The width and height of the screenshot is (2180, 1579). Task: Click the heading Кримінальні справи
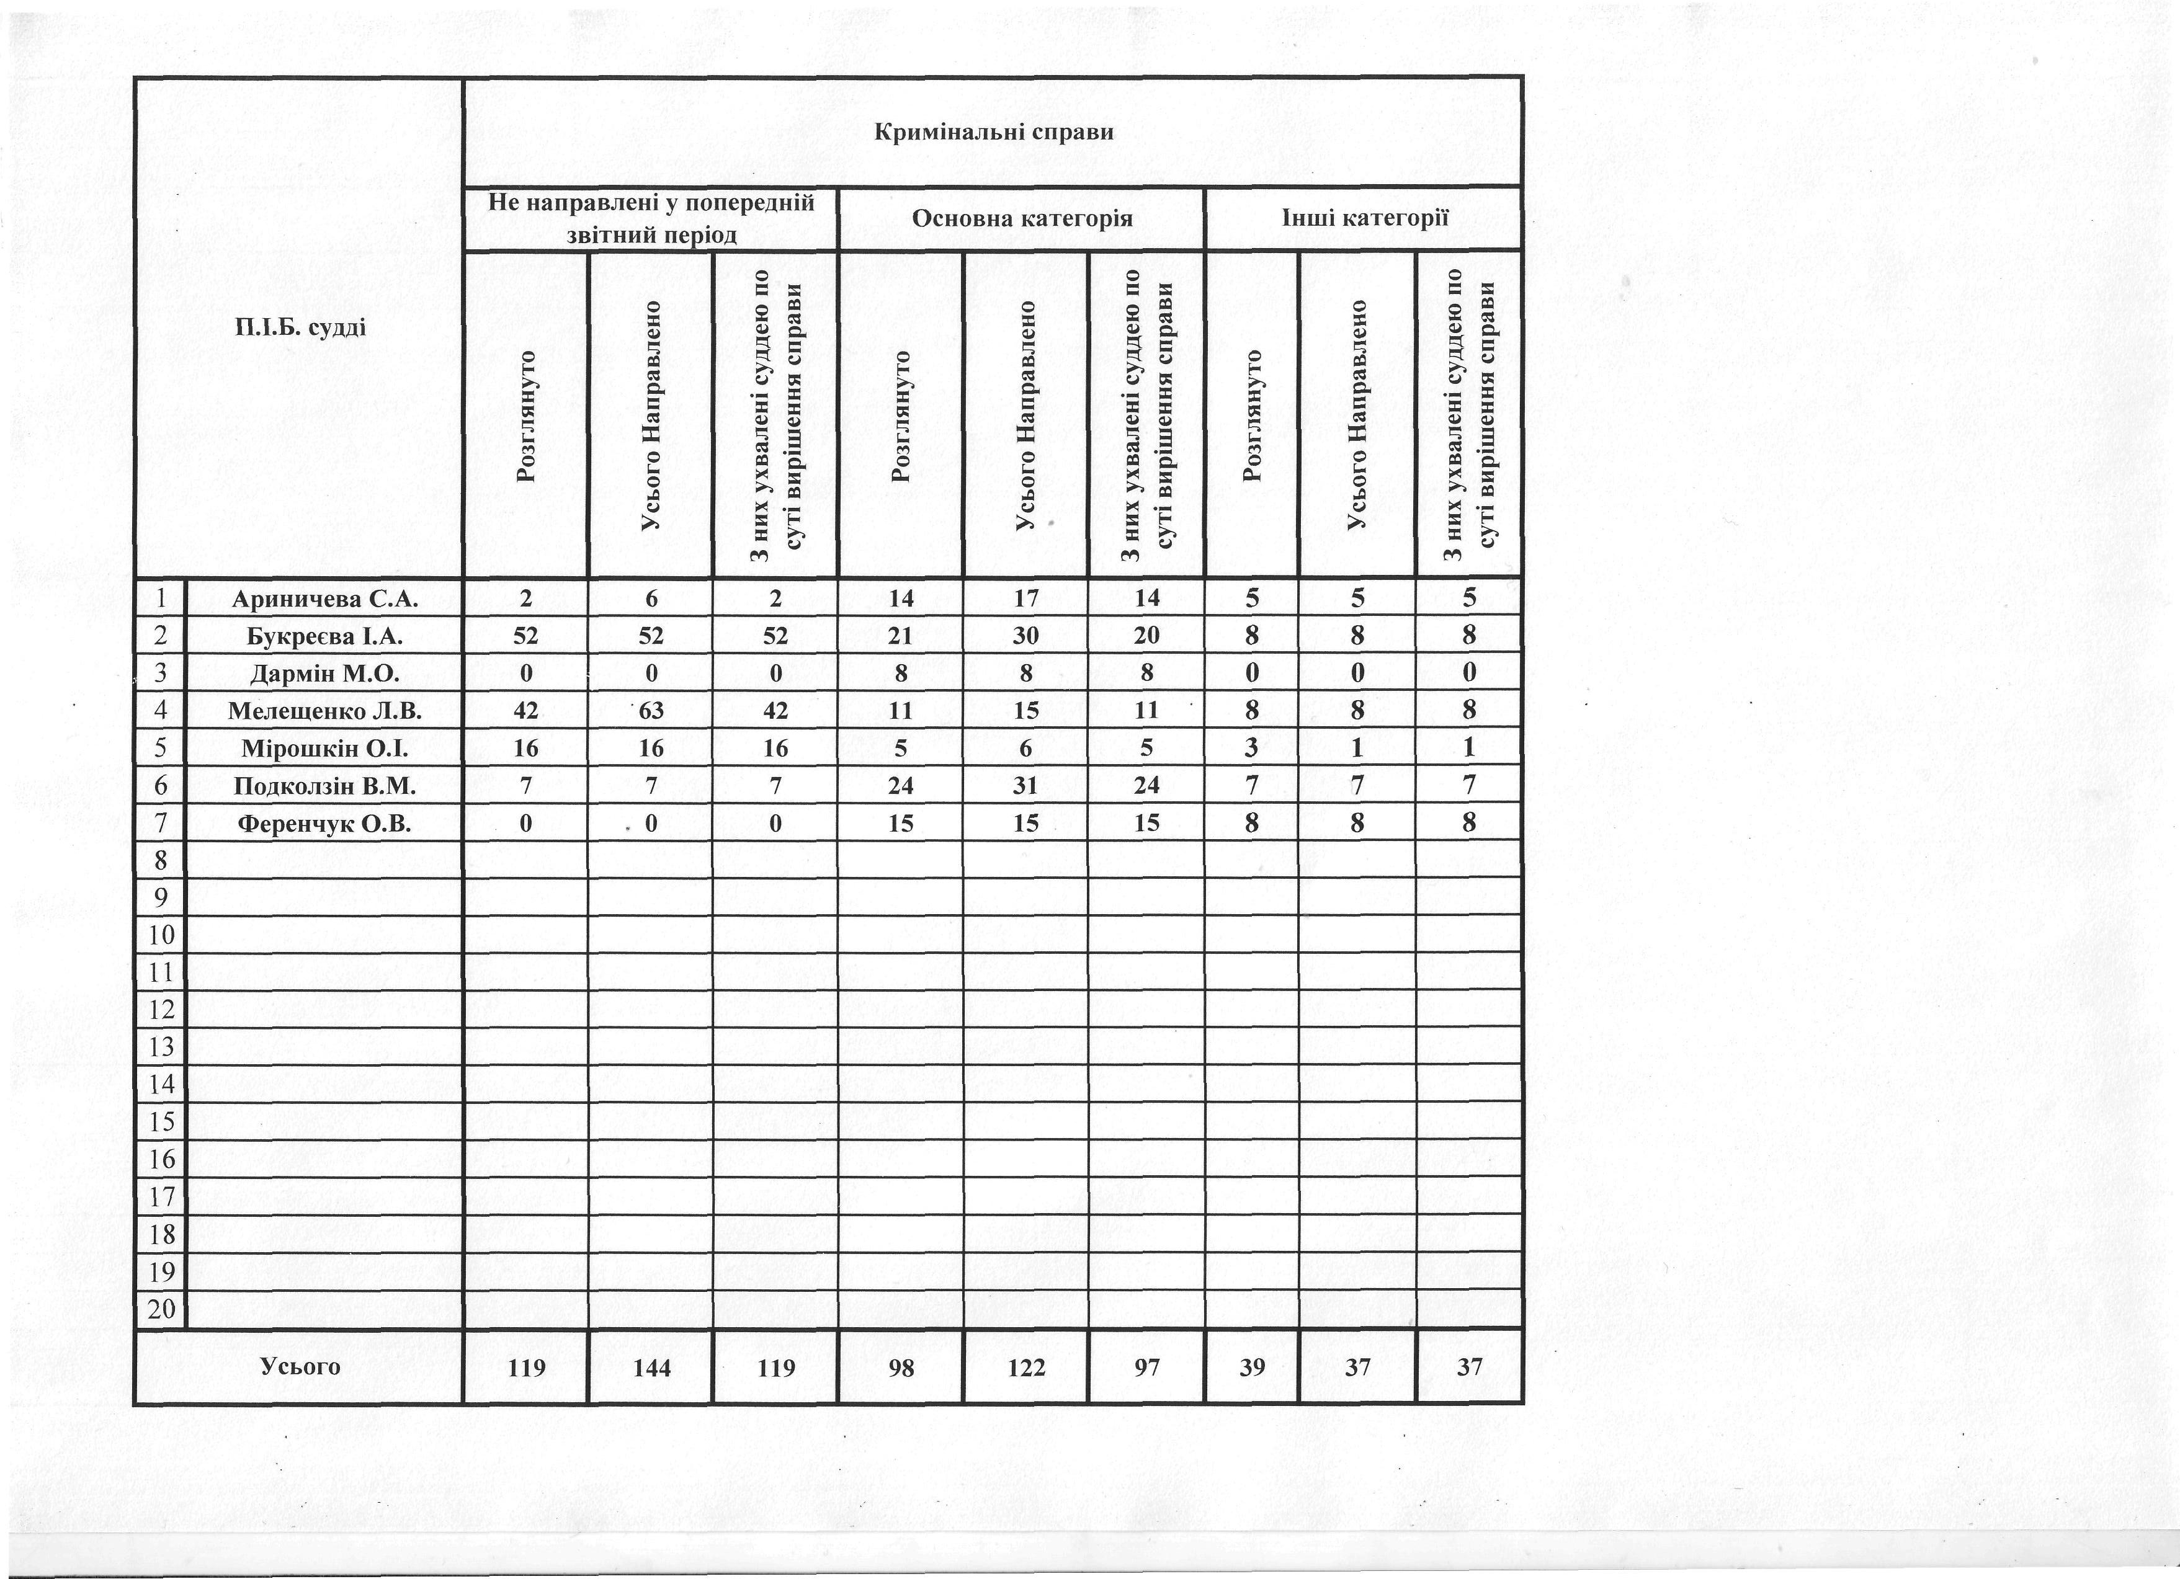(x=994, y=131)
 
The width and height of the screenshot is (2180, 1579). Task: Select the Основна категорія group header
(x=1022, y=219)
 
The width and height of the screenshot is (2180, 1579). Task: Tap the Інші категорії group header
(x=1365, y=218)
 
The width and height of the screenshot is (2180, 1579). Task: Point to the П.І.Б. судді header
(x=300, y=327)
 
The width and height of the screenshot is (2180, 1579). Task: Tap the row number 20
(x=161, y=1309)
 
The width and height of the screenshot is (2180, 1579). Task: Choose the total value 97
(x=1146, y=1367)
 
